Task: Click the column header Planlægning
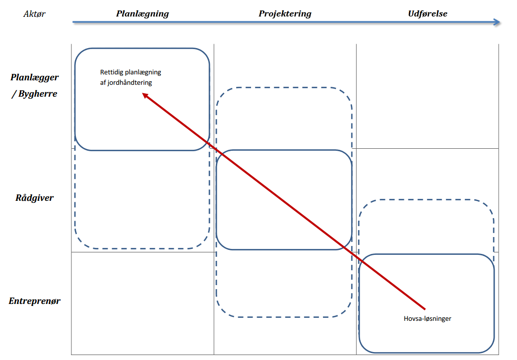142,14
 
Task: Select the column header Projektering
285,14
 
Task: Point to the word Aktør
34,14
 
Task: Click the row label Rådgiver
34,198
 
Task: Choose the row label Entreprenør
34,301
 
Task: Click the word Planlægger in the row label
34,77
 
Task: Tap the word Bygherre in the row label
38,94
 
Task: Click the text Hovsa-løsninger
427,318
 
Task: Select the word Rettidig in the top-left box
111,72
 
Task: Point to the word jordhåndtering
130,83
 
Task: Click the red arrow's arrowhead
145,95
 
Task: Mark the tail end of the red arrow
425,309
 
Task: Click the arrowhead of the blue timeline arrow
497,22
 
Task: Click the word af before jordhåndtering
103,83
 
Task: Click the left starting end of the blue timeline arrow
73,22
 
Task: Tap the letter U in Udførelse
409,14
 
